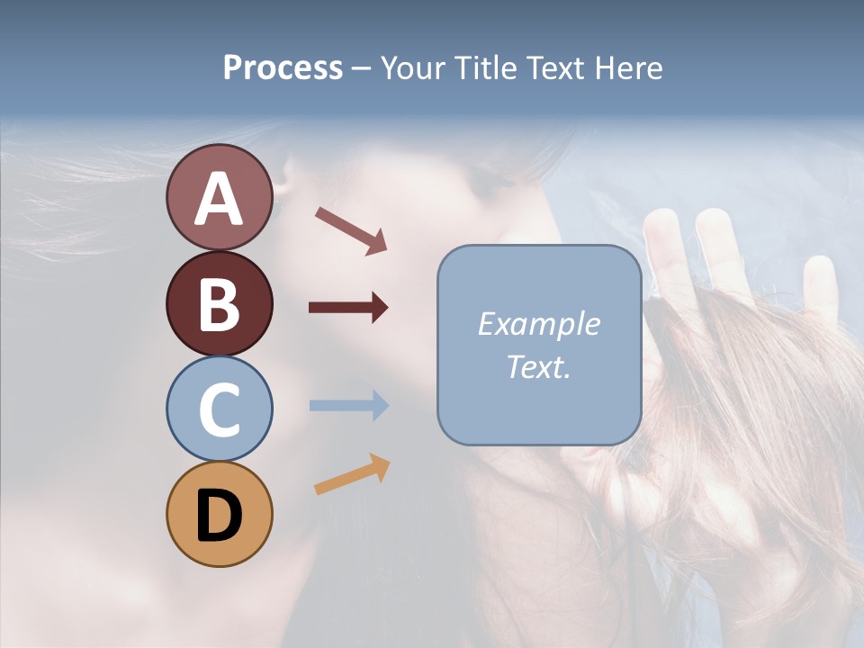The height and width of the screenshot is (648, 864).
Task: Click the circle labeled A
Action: [219, 197]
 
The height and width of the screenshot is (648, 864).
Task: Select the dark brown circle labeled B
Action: [219, 303]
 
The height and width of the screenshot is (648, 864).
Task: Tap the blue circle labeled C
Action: [219, 409]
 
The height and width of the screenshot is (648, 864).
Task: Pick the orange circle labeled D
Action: [219, 515]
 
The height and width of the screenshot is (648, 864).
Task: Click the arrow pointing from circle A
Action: [351, 230]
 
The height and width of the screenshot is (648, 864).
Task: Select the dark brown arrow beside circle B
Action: [348, 308]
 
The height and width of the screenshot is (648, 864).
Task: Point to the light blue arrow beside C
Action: [348, 405]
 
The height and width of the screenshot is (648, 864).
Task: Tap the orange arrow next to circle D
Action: [352, 474]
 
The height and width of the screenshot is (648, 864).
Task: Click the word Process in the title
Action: [283, 67]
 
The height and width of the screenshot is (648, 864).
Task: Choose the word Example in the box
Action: [538, 324]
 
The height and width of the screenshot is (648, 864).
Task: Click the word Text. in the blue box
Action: [538, 366]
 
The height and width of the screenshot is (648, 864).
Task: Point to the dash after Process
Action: [361, 68]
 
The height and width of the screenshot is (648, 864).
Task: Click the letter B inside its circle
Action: [219, 304]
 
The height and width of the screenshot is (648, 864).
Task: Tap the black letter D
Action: [219, 516]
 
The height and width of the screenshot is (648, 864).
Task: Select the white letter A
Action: [219, 199]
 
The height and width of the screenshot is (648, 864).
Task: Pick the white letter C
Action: [219, 409]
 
